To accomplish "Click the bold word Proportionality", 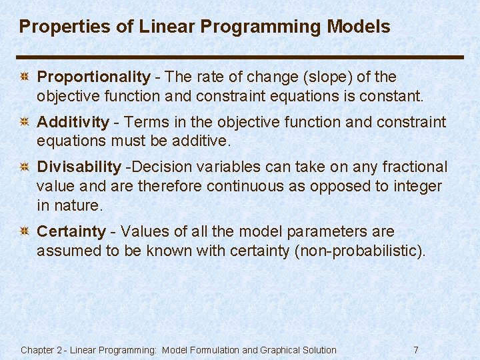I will click(x=93, y=77).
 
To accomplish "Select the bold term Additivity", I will click(x=73, y=122).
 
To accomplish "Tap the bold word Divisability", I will click(x=79, y=167).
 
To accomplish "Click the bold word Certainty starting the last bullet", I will click(x=71, y=232).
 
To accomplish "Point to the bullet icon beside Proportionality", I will click(x=23, y=78).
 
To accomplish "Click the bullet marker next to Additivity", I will click(x=23, y=123).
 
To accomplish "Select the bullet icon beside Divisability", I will click(x=23, y=167).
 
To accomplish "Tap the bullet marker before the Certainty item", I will click(x=23, y=233).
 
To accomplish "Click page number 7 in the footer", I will click(x=416, y=350).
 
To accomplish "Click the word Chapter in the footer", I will click(x=37, y=350).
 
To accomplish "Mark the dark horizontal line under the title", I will click(x=240, y=57).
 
